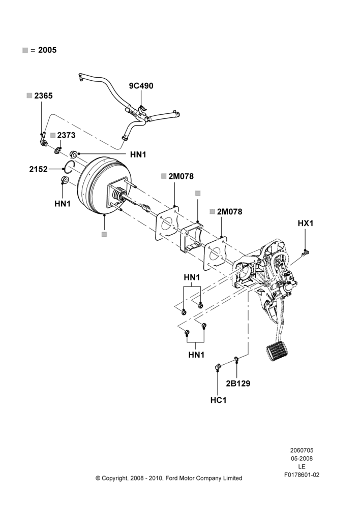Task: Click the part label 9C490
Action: click(x=141, y=86)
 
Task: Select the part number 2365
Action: click(x=43, y=96)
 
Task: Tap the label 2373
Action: click(x=66, y=135)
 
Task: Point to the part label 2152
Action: click(x=38, y=169)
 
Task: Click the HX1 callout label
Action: click(x=306, y=223)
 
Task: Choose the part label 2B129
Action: click(x=238, y=383)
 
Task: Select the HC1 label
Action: click(x=218, y=400)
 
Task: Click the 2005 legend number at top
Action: click(x=47, y=50)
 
